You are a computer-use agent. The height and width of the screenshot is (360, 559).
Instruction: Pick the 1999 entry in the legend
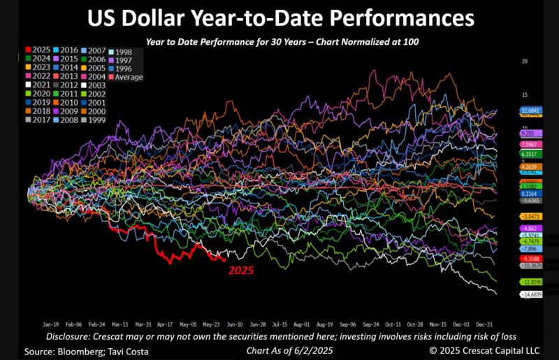96,120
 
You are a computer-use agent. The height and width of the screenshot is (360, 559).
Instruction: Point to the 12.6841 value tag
528,111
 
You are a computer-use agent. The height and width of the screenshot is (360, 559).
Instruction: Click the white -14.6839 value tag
528,296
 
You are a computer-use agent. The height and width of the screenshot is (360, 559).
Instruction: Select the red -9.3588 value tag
528,258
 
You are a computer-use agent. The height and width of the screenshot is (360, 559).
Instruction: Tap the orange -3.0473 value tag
528,217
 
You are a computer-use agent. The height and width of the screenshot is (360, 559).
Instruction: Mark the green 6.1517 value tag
528,154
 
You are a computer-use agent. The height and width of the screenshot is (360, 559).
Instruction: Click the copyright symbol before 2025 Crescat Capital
434,350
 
